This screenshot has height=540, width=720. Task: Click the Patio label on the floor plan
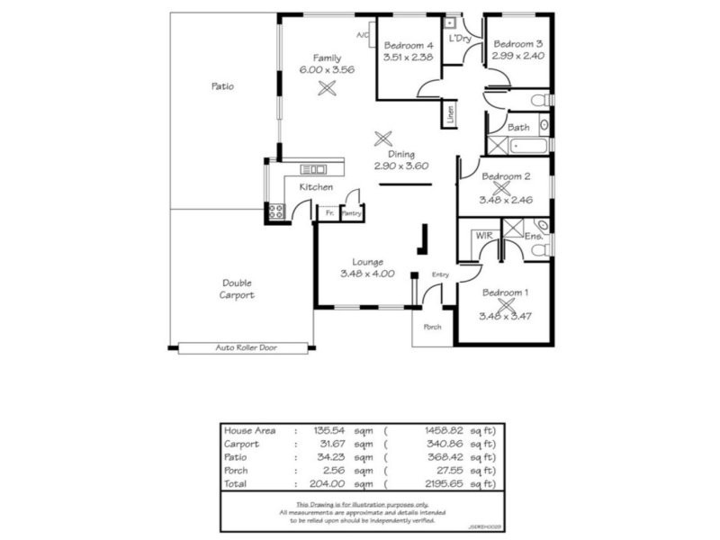pyautogui.click(x=222, y=86)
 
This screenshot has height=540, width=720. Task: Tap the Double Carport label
pyautogui.click(x=238, y=288)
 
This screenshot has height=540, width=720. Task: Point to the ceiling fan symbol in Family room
pyautogui.click(x=328, y=87)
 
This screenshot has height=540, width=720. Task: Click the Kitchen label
pyautogui.click(x=316, y=187)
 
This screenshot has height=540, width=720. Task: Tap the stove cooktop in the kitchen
pyautogui.click(x=275, y=212)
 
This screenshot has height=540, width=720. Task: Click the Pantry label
pyautogui.click(x=352, y=213)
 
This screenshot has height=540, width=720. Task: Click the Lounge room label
pyautogui.click(x=367, y=262)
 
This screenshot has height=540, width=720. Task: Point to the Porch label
pyautogui.click(x=433, y=327)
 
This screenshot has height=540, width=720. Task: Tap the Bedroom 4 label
pyautogui.click(x=409, y=46)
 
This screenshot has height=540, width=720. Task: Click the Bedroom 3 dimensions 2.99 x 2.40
pyautogui.click(x=517, y=55)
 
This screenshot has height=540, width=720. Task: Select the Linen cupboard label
pyautogui.click(x=449, y=114)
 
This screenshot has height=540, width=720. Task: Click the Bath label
pyautogui.click(x=518, y=128)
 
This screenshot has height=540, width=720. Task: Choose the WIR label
pyautogui.click(x=483, y=235)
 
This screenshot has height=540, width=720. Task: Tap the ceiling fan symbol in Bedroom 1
pyautogui.click(x=504, y=306)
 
